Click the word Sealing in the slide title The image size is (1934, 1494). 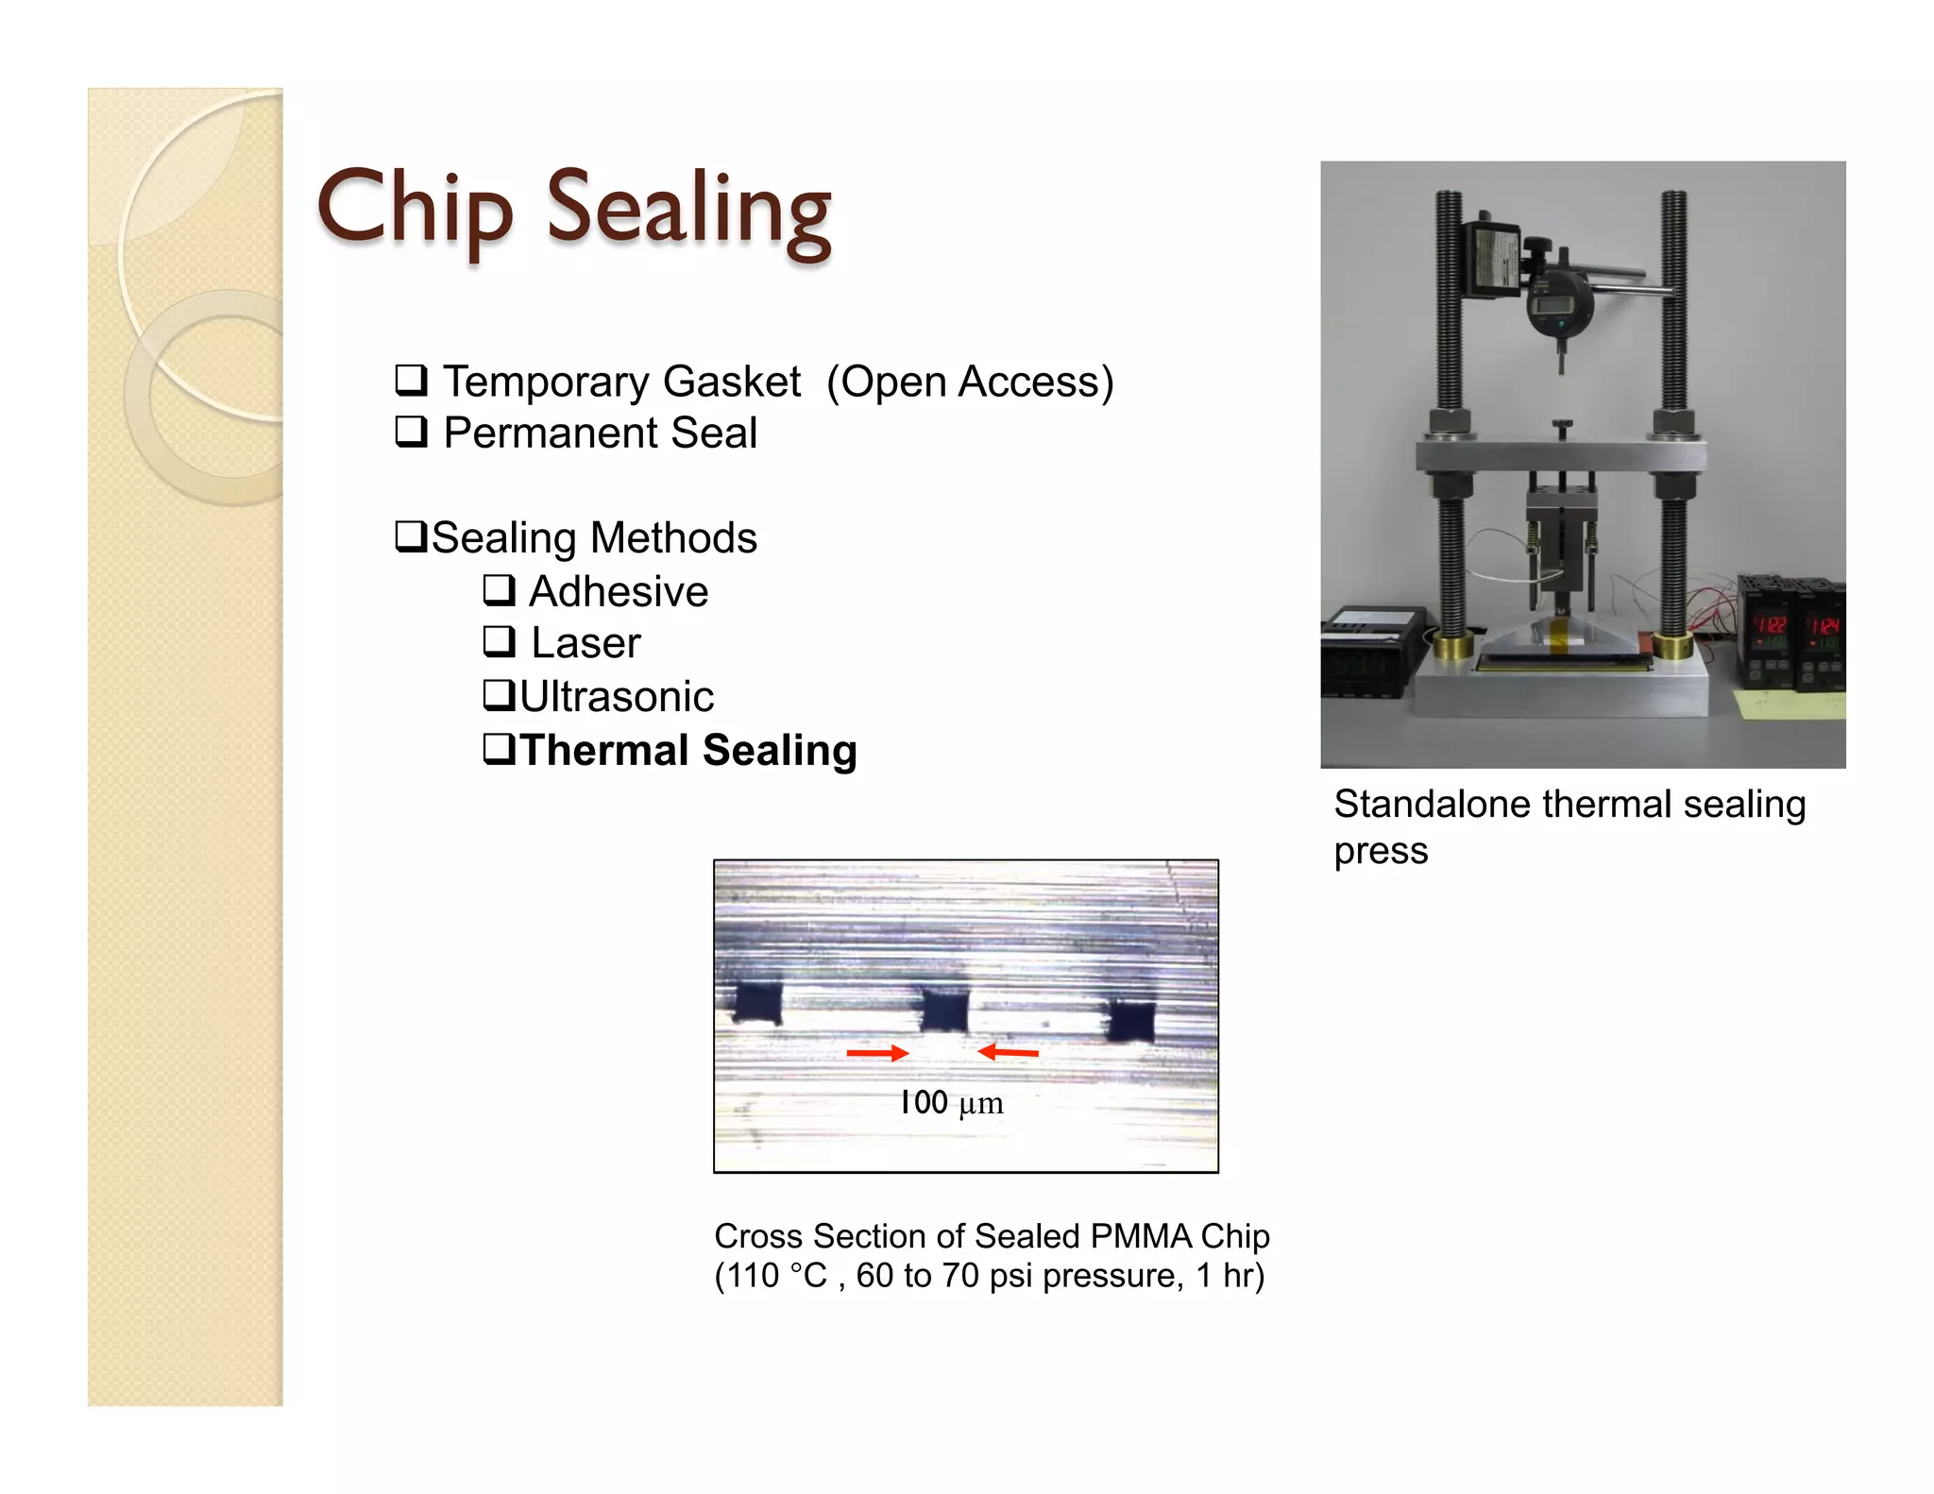click(688, 210)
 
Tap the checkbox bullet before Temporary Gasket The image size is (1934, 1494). click(411, 380)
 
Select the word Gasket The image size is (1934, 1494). click(731, 382)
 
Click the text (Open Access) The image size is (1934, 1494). click(970, 382)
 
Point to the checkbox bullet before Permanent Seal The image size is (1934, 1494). click(411, 432)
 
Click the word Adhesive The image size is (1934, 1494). click(619, 592)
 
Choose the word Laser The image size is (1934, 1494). click(585, 643)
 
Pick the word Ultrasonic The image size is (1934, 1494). click(617, 697)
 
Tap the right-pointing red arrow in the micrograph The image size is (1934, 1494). click(877, 1052)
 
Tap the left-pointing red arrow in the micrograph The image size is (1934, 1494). click(1008, 1051)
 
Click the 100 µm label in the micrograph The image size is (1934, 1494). click(951, 1102)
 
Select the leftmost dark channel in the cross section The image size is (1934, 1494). click(758, 1003)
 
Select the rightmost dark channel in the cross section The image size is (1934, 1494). click(1130, 1021)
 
